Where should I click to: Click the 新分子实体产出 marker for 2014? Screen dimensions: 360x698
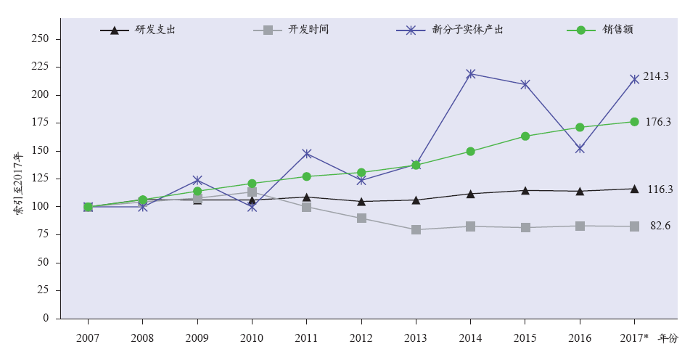tap(470, 74)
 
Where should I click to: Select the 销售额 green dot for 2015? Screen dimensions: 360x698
tap(525, 136)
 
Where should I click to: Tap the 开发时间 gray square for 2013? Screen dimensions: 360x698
tap(416, 229)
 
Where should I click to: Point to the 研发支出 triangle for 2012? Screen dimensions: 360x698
tap(361, 201)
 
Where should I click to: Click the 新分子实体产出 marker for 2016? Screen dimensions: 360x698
tap(580, 149)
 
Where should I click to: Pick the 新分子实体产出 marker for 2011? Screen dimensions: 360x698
tap(306, 154)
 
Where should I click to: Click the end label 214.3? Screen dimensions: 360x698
tap(656, 76)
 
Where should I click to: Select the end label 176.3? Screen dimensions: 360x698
tap(658, 122)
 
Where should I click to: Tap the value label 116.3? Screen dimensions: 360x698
tap(660, 189)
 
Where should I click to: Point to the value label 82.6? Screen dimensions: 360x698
tap(660, 226)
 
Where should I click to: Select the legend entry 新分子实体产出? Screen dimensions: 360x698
tap(468, 30)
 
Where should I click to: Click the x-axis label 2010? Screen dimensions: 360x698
tap(252, 338)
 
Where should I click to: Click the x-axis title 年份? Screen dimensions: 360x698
tap(667, 338)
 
